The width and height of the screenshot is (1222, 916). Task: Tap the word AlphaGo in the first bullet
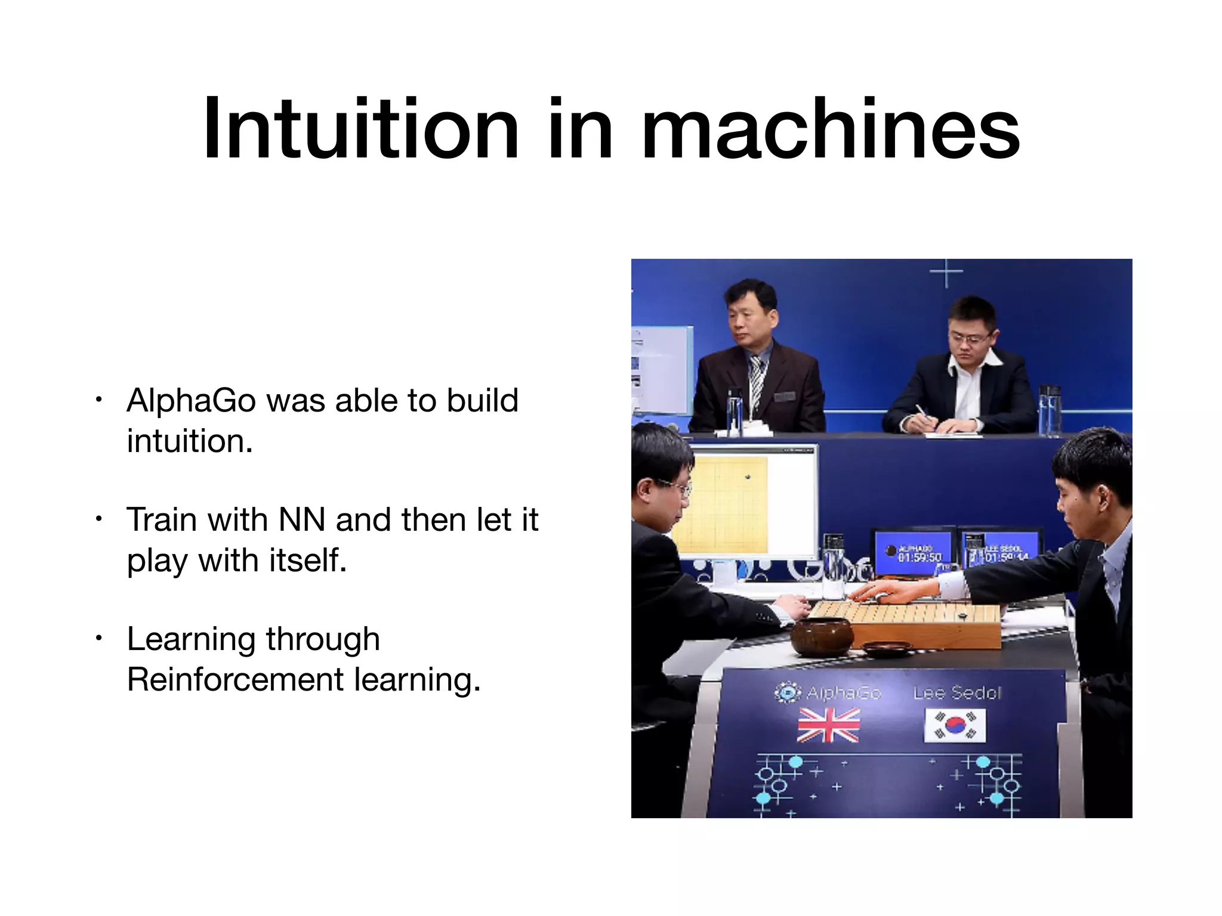click(191, 400)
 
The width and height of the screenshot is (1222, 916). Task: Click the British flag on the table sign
click(829, 725)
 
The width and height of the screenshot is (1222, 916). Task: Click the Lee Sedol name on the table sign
click(957, 693)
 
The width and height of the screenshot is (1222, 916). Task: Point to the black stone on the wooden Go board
click(962, 615)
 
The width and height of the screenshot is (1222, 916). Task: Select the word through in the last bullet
click(323, 639)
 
